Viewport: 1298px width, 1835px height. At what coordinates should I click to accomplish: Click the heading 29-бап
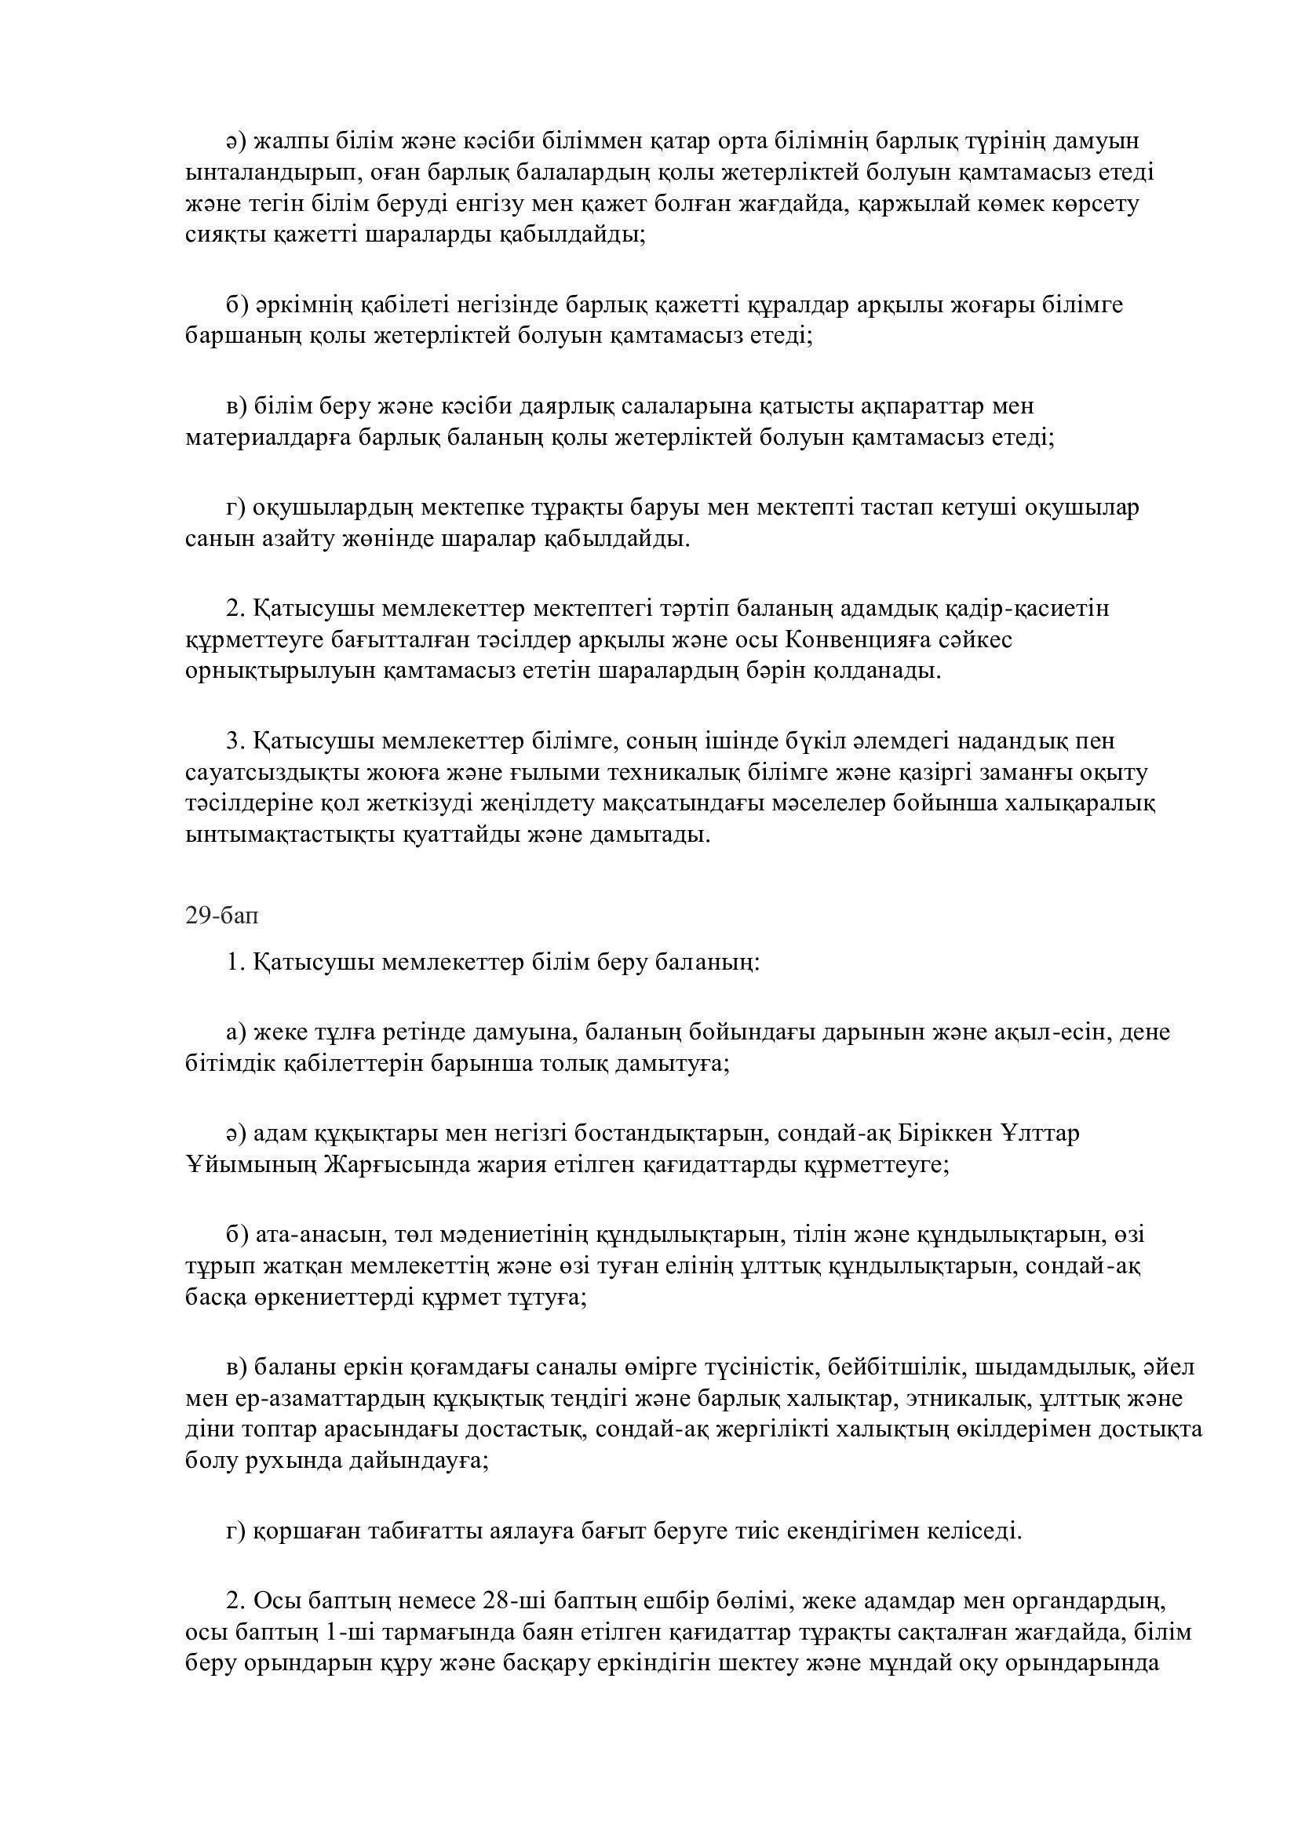[x=221, y=916]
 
